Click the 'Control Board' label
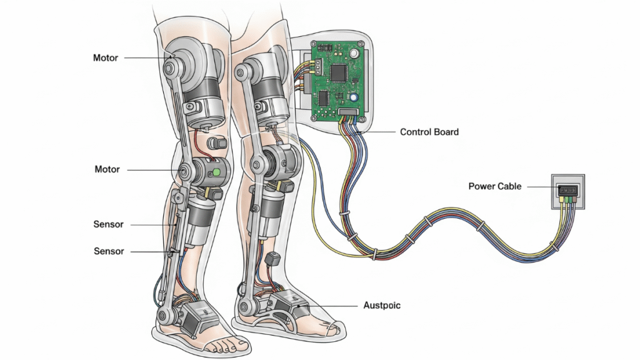coord(429,132)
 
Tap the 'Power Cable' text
coord(495,186)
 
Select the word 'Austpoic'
coord(382,306)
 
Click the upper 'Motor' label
coord(106,57)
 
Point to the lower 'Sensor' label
coord(109,251)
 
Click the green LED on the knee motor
coord(216,171)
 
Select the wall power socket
coord(568,191)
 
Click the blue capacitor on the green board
coord(354,98)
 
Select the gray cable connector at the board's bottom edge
coord(349,113)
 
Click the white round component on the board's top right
coord(355,53)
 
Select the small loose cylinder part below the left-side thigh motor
coord(219,142)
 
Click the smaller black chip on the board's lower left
coord(323,97)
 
